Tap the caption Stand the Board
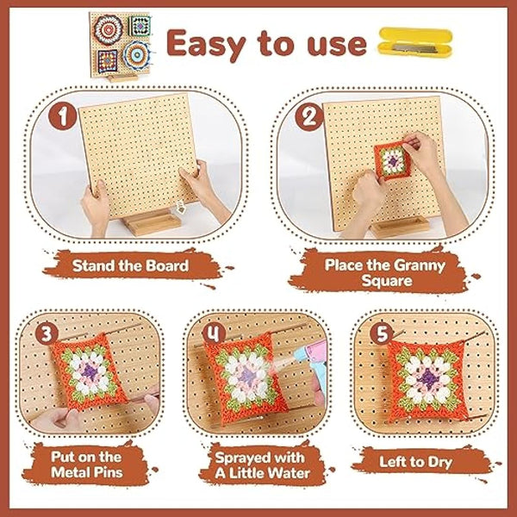(131, 265)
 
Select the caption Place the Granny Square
(385, 273)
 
